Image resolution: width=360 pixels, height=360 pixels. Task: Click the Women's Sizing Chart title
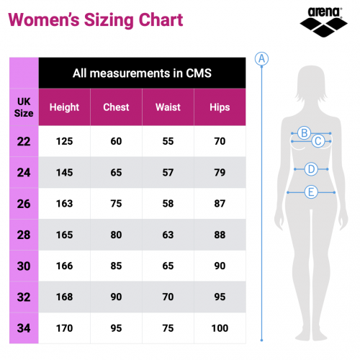point(95,19)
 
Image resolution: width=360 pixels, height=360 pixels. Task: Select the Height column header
point(64,107)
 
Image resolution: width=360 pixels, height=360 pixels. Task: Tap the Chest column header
point(116,107)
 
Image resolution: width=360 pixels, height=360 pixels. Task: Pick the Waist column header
point(168,107)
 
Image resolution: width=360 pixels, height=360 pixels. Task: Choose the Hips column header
point(220,107)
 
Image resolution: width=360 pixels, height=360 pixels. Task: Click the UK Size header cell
point(23,107)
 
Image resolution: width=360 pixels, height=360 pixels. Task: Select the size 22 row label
point(24,141)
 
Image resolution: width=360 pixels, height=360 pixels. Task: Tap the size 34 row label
point(24,329)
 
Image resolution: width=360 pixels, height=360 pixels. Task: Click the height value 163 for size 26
point(64,204)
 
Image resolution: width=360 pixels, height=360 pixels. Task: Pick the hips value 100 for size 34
point(220,329)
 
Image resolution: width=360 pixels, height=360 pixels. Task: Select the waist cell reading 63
point(168,235)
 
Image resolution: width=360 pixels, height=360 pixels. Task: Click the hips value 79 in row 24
point(220,172)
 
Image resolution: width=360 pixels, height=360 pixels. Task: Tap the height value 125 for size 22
point(64,141)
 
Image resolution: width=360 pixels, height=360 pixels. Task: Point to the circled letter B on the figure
point(304,132)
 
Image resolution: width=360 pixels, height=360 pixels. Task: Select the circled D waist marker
point(310,169)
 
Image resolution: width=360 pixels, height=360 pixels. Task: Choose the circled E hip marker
point(310,192)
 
